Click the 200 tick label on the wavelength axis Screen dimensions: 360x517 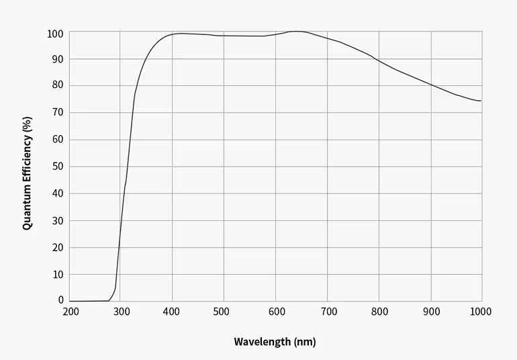coord(70,312)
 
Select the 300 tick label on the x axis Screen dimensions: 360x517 coord(121,312)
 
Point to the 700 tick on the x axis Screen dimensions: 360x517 coord(328,312)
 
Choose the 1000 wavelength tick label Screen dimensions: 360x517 coord(481,312)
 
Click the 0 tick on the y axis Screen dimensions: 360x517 coord(61,301)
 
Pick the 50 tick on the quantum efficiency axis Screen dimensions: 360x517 coord(58,167)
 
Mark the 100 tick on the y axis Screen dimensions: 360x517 coord(56,34)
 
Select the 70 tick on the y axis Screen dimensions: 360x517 coord(58,113)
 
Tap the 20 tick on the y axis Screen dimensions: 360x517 coord(58,247)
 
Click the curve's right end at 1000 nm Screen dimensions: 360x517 coord(481,101)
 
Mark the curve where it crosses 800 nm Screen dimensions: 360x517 coord(379,61)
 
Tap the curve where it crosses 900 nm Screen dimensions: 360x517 coord(431,85)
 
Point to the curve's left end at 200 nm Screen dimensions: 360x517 coord(70,301)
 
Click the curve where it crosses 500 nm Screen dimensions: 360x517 coord(224,36)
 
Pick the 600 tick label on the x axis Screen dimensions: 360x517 coord(276,312)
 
